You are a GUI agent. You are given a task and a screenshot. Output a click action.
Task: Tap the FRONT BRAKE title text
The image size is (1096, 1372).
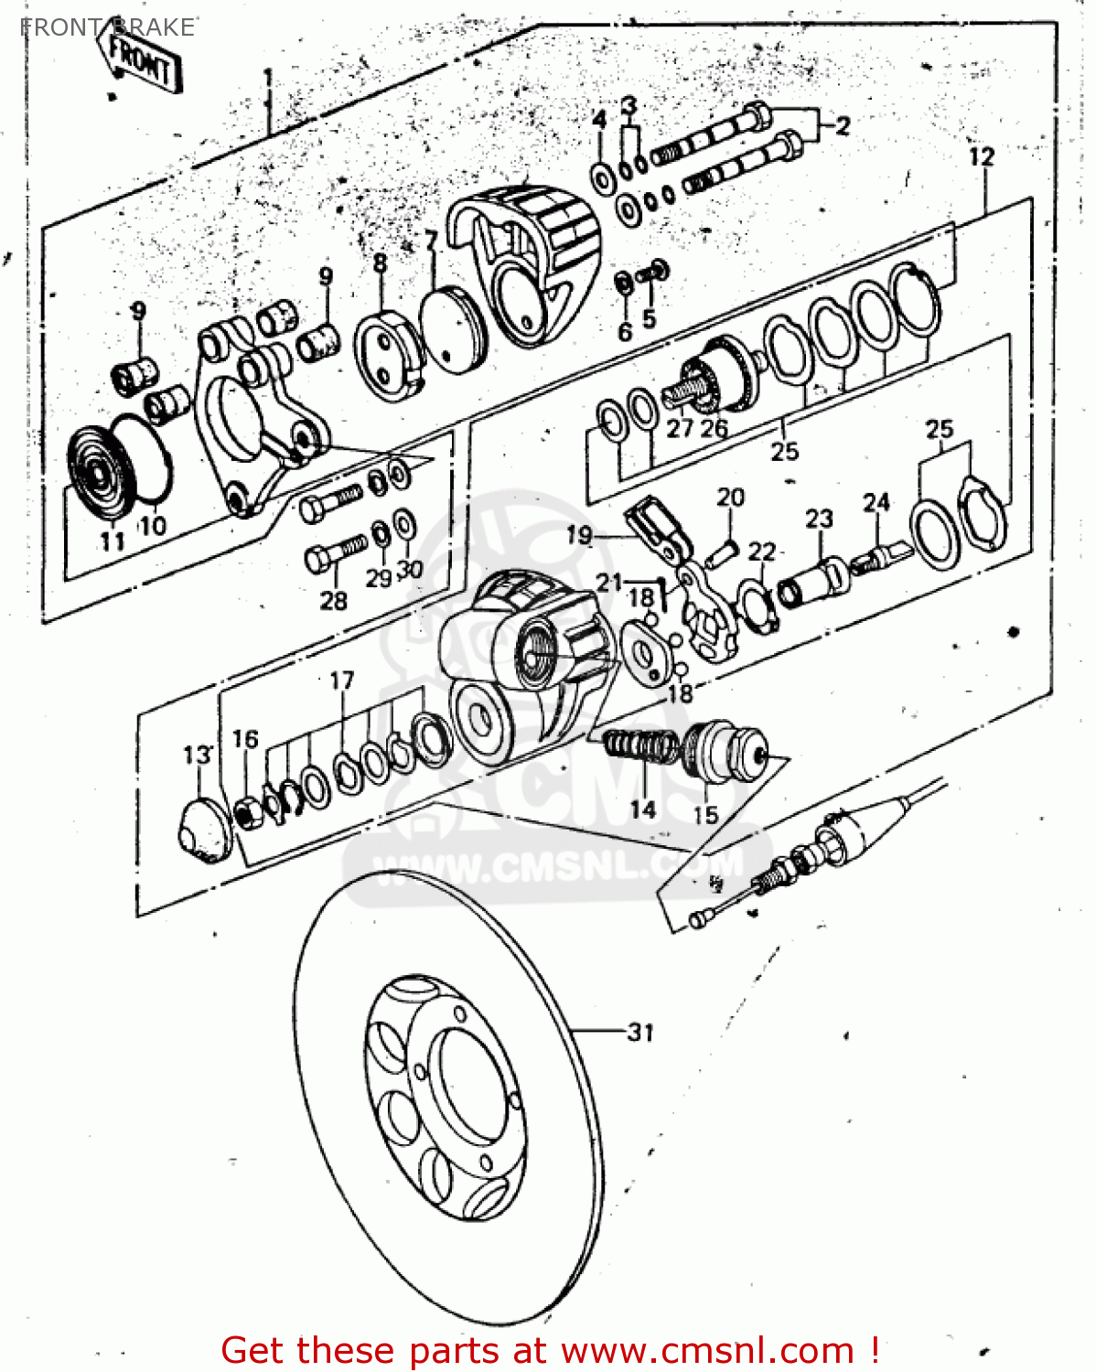(107, 27)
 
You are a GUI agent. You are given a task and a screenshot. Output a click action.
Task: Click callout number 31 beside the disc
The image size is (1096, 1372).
(641, 1032)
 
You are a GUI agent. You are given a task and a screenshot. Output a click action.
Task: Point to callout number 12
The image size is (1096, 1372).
(982, 156)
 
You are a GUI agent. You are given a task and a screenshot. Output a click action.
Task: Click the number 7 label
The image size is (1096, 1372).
(431, 241)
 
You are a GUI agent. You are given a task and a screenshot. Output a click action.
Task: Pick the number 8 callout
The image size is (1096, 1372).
(380, 263)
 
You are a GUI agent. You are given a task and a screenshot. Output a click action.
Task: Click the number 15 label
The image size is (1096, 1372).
(705, 813)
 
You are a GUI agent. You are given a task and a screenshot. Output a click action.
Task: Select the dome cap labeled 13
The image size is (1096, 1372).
(201, 828)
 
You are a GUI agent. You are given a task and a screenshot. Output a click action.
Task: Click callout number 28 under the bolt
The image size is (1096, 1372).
(333, 600)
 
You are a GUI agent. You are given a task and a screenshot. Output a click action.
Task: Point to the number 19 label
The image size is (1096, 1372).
(579, 534)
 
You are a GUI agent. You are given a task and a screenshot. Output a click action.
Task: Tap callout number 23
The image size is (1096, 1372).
(819, 519)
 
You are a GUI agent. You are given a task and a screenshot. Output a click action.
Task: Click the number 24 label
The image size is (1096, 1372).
(876, 502)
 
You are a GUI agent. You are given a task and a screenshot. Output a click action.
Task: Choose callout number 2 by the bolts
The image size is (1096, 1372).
(842, 125)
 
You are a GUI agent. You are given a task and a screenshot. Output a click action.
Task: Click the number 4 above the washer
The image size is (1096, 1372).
(599, 120)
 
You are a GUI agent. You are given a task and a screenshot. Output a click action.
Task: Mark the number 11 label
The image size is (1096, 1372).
(112, 541)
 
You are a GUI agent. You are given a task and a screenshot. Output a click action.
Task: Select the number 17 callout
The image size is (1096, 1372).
(341, 681)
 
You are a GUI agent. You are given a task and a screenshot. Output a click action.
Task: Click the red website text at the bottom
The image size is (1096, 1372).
(550, 1350)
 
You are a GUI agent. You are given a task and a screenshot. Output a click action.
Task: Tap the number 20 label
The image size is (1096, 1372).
(730, 498)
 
